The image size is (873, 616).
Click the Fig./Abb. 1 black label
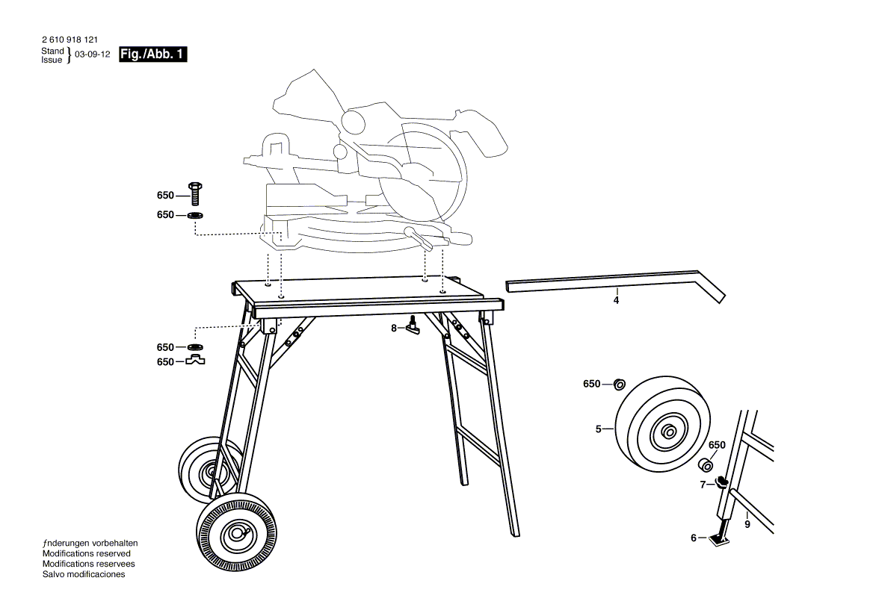tap(152, 54)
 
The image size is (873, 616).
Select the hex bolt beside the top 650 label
tap(196, 194)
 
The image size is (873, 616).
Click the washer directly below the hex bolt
tap(196, 215)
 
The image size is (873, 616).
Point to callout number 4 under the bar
tap(616, 300)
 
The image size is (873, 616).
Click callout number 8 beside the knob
tap(394, 328)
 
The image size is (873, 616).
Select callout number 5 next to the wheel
tap(598, 429)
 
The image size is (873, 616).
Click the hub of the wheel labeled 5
tap(667, 432)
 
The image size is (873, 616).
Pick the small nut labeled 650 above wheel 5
tap(620, 385)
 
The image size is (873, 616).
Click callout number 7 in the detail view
tap(703, 485)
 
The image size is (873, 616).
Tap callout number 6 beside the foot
tap(693, 538)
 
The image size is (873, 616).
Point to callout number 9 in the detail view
tap(747, 524)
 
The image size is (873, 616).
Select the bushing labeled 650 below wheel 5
tap(706, 465)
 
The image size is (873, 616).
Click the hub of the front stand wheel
tap(236, 532)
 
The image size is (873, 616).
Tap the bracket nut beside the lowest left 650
tap(196, 361)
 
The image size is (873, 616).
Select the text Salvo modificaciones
tap(84, 574)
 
